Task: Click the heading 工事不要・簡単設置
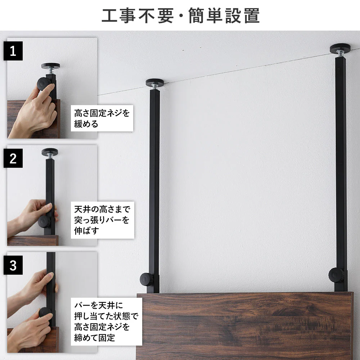tap(180, 15)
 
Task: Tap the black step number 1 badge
tap(13, 51)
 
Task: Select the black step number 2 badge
tap(13, 158)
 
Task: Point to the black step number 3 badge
tap(13, 265)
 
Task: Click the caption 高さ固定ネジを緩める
tap(102, 118)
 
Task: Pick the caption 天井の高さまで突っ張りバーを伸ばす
tap(102, 220)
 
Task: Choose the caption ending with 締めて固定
tap(106, 321)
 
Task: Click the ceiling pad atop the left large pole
tap(155, 82)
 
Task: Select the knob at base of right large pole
tap(336, 275)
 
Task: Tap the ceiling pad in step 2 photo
tap(50, 152)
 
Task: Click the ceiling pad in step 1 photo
tap(51, 66)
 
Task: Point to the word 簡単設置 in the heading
tap(224, 15)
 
